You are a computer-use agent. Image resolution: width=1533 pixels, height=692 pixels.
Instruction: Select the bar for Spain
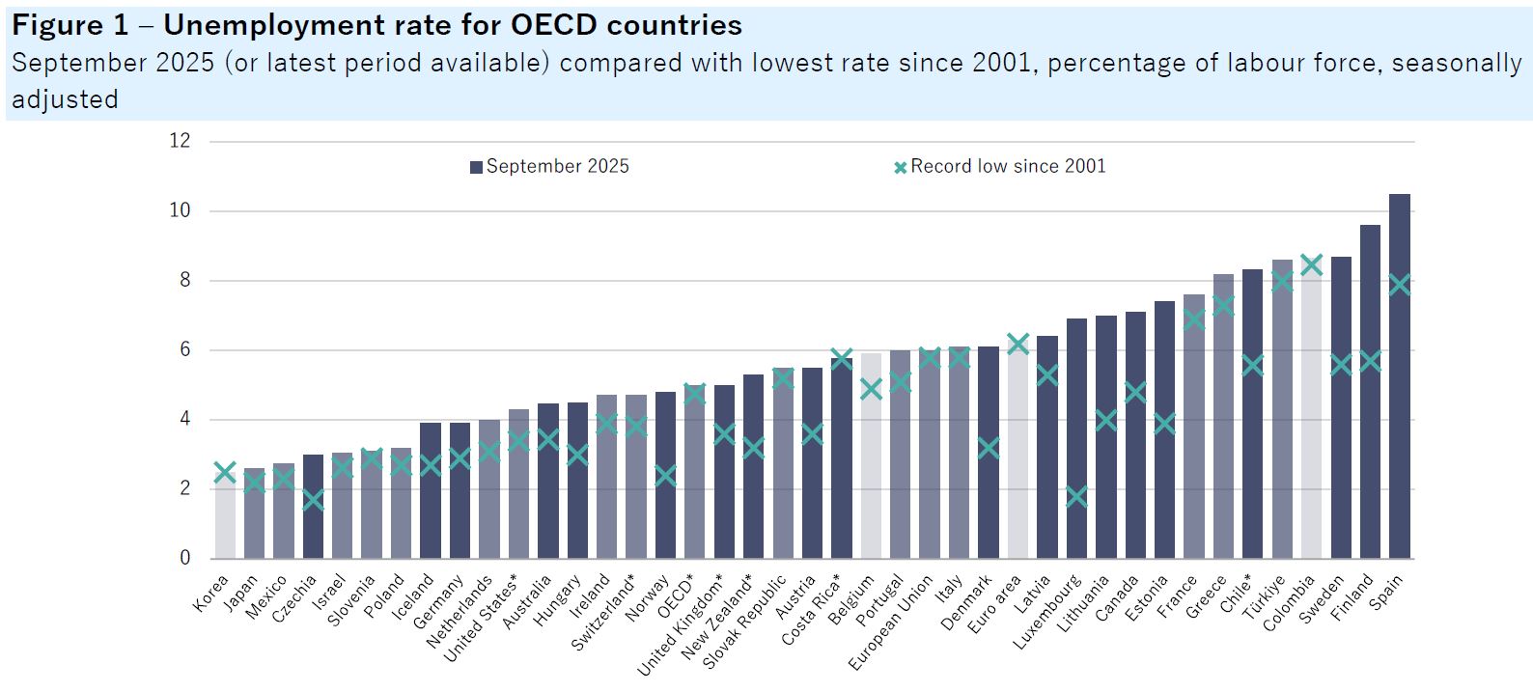[x=1399, y=376]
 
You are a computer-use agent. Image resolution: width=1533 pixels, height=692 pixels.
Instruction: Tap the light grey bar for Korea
[x=225, y=516]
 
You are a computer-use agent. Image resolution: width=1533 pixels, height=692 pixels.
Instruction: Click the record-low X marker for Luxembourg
[x=1076, y=497]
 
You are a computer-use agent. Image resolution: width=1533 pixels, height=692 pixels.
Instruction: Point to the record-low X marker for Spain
[x=1399, y=285]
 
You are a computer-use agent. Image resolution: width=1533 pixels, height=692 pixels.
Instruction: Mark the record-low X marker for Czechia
[x=313, y=500]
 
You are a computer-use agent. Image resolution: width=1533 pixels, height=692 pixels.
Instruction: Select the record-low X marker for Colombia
[x=1311, y=264]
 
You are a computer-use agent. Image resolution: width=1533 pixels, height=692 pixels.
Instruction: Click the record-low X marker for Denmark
[x=989, y=448]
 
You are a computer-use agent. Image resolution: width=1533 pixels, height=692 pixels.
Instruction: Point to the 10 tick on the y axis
[x=181, y=210]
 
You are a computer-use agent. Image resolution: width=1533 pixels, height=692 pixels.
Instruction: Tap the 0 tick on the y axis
[x=184, y=558]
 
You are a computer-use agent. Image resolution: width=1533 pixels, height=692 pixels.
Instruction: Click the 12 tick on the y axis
[x=181, y=141]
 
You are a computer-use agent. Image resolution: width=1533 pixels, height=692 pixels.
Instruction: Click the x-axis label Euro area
[x=994, y=604]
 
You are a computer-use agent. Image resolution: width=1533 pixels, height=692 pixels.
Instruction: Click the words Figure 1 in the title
[x=70, y=25]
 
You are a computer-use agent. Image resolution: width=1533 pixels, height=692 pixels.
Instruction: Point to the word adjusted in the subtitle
[x=65, y=99]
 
